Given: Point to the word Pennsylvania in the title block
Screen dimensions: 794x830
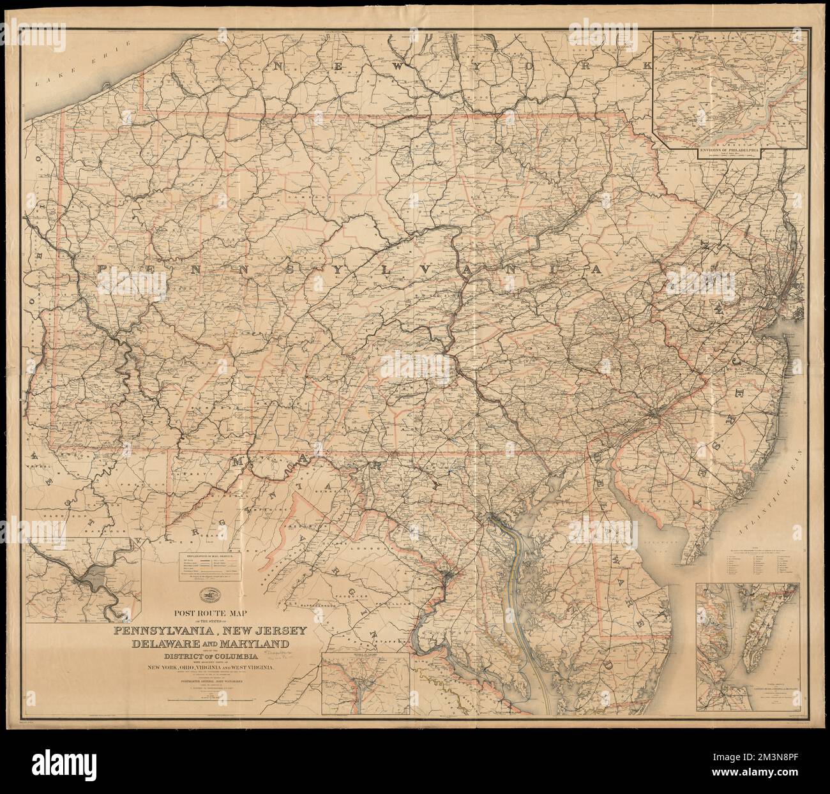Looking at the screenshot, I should pyautogui.click(x=165, y=631).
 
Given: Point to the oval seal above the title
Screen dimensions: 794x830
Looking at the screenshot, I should pyautogui.click(x=207, y=595).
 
